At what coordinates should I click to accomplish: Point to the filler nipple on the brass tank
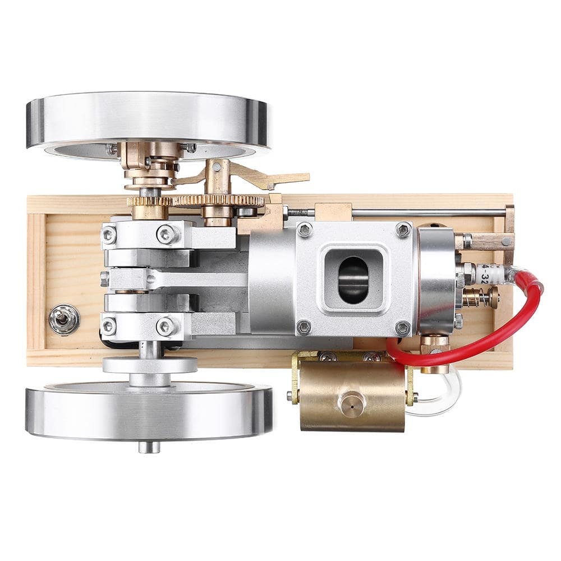point(351,402)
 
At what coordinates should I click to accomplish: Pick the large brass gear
point(219,200)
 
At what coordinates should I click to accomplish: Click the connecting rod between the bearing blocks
point(185,279)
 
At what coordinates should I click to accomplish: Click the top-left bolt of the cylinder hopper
point(305,229)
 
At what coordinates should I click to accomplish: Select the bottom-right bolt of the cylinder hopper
point(402,327)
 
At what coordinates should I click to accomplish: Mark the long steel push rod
point(426,213)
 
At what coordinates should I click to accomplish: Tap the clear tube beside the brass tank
point(443,401)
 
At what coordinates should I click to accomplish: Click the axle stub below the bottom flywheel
point(149,447)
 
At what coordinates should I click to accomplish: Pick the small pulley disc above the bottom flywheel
point(150,365)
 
